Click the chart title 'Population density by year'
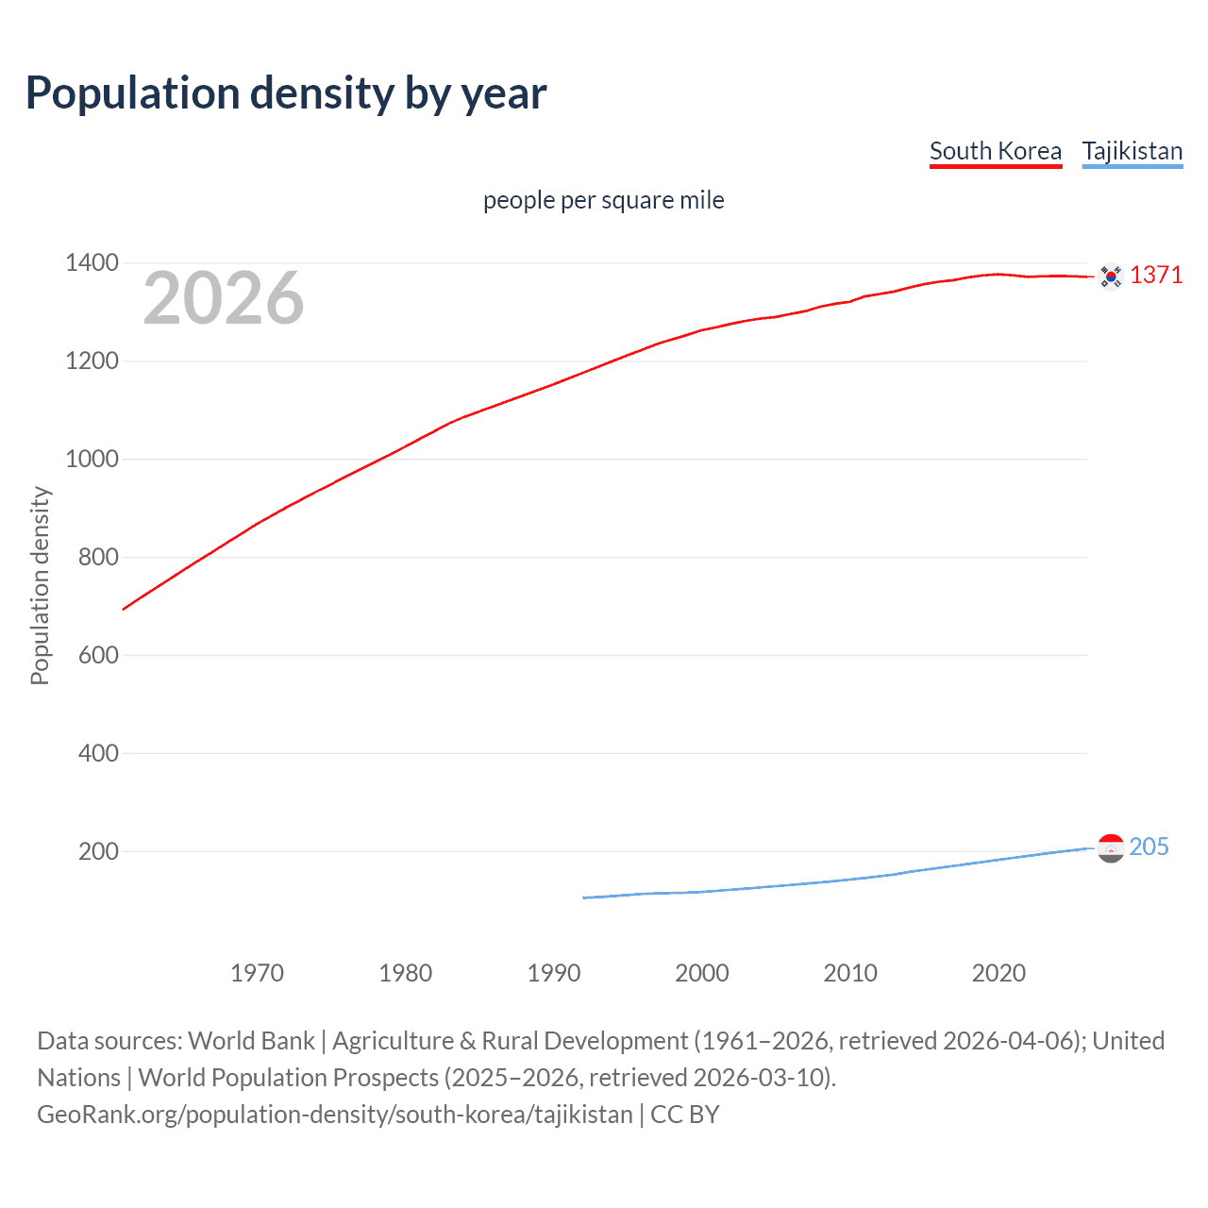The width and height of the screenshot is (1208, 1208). [x=286, y=93]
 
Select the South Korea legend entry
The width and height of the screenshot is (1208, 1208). [x=995, y=151]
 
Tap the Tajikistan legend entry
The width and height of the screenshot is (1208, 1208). [x=1132, y=151]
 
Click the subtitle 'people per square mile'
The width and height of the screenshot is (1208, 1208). [x=603, y=200]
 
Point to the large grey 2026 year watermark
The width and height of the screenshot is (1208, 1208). [x=224, y=298]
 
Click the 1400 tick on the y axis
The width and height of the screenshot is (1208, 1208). [x=92, y=263]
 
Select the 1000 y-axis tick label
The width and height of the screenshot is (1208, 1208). [x=92, y=460]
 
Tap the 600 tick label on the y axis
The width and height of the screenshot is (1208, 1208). [x=98, y=655]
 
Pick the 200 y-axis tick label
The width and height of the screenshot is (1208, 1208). [x=98, y=851]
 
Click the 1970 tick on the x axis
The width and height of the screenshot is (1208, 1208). [x=257, y=973]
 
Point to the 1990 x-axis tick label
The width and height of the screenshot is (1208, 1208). [x=554, y=973]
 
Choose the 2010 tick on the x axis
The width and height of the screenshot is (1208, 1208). [x=850, y=973]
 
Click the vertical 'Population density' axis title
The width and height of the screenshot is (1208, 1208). [x=40, y=585]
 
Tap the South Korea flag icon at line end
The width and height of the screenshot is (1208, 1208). [x=1111, y=276]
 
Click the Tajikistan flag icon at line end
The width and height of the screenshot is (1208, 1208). [x=1111, y=847]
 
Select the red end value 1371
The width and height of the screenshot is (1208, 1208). [x=1155, y=275]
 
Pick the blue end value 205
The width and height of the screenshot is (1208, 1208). [x=1149, y=847]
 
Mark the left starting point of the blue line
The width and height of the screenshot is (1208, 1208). [x=584, y=898]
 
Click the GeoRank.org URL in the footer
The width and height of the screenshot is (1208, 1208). [x=335, y=1115]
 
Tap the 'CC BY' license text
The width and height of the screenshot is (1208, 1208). [x=685, y=1115]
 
